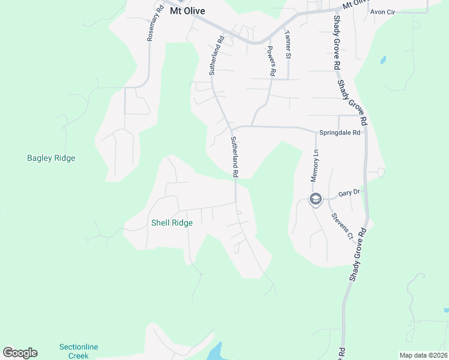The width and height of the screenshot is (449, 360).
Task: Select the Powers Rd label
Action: [271, 61]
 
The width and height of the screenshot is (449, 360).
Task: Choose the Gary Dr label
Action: [349, 193]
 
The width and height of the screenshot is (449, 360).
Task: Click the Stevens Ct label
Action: [342, 226]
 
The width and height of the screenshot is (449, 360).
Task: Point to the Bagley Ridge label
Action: [51, 158]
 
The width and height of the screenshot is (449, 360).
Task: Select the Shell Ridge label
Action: [172, 223]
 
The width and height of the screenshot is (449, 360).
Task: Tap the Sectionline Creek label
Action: [78, 351]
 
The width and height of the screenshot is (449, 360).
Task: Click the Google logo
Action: [20, 353]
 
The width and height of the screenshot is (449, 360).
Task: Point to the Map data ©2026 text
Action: [423, 355]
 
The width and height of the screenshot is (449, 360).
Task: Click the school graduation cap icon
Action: [315, 199]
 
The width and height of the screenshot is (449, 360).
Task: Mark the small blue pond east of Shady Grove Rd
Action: [382, 60]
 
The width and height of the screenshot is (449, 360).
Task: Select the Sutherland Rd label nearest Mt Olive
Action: [216, 55]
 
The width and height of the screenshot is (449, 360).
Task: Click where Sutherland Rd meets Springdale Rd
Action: [233, 128]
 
